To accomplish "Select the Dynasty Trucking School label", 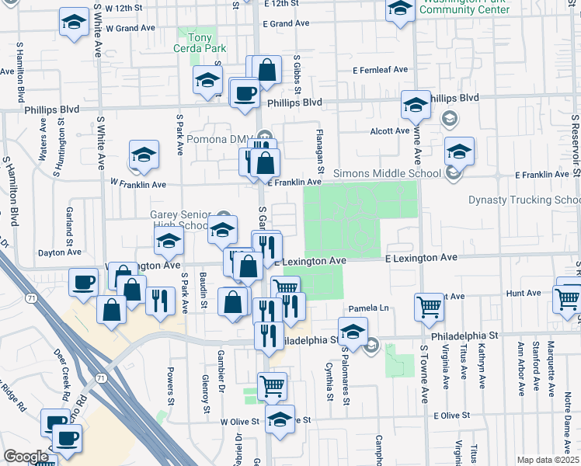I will (524, 200).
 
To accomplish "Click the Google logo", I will (26, 457).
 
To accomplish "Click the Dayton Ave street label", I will (60, 253).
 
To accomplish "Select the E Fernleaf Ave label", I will (380, 70).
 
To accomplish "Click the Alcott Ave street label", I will (390, 131).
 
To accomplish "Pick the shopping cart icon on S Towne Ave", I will (429, 307).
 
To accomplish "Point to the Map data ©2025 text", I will (547, 460).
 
